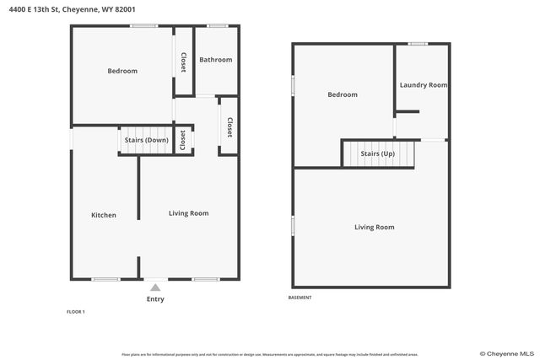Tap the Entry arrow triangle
tap(155, 287)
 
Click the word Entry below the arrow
tap(155, 299)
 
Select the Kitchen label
tap(104, 215)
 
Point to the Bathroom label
tap(215, 60)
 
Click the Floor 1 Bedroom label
tap(122, 71)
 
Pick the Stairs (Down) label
tap(146, 140)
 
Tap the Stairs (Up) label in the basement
tap(377, 154)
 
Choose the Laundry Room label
tap(423, 85)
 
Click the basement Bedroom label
tap(343, 94)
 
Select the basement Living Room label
tap(374, 227)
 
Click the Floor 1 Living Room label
tap(188, 213)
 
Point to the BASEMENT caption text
tap(300, 298)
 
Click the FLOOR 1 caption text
tap(76, 312)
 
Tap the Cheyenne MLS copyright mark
tap(506, 353)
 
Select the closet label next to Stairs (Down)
tap(182, 141)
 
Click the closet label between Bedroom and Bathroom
tap(183, 62)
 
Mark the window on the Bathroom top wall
tap(218, 26)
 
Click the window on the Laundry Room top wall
tap(418, 44)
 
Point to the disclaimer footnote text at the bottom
tap(270, 354)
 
